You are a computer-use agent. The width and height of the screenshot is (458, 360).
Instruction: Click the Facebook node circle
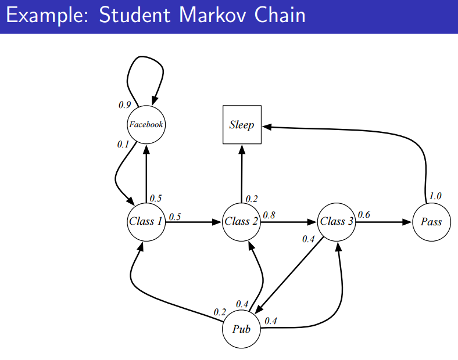tap(146, 124)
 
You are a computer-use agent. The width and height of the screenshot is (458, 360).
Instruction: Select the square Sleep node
tap(242, 125)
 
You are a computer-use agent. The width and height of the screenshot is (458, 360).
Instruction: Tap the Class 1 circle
tap(146, 221)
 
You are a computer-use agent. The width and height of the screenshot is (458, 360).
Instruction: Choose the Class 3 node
tap(337, 221)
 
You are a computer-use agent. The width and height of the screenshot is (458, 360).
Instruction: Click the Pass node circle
tap(431, 222)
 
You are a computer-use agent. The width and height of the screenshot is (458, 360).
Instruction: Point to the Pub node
tap(241, 329)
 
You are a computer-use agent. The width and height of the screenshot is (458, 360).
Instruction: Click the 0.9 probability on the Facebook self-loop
tap(124, 105)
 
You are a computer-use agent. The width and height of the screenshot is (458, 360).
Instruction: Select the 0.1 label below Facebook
tap(123, 145)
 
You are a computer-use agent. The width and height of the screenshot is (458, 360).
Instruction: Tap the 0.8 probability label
tap(269, 215)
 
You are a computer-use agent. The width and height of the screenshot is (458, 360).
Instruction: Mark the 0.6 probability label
tap(364, 215)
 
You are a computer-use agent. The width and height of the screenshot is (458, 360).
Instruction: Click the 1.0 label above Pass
tap(435, 196)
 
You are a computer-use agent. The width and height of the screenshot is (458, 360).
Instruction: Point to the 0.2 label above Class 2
tap(252, 199)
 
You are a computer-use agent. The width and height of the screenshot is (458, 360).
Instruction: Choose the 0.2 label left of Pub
tap(219, 312)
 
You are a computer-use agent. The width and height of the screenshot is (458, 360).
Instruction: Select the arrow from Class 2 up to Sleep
tap(242, 174)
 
